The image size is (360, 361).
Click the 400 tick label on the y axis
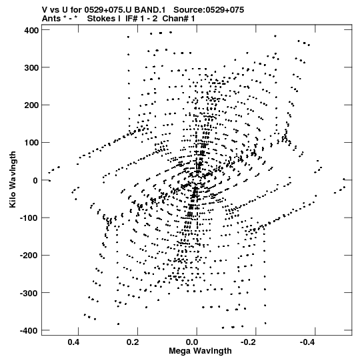(x=31, y=30)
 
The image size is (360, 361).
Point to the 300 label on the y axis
(x=31, y=67)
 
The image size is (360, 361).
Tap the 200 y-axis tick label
(x=31, y=105)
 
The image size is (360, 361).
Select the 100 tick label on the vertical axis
(x=31, y=143)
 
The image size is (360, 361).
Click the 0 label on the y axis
(x=35, y=180)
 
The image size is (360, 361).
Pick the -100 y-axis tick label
(x=29, y=218)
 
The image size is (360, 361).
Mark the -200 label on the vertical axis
(x=29, y=256)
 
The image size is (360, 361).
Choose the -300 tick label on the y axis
(x=29, y=293)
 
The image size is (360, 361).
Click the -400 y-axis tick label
(x=29, y=330)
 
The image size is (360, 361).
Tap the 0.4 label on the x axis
(x=73, y=342)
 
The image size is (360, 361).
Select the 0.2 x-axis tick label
(x=133, y=342)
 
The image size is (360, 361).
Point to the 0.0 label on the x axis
(x=192, y=342)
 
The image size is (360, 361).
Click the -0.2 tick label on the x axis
(x=248, y=342)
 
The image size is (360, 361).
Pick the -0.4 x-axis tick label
(x=307, y=342)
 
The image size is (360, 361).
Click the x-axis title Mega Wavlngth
(x=200, y=351)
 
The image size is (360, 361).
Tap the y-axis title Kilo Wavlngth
(x=13, y=179)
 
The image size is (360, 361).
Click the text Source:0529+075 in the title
(x=209, y=10)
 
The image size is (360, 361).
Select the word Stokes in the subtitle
(x=104, y=19)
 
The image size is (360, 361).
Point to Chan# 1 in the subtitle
(x=179, y=19)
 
